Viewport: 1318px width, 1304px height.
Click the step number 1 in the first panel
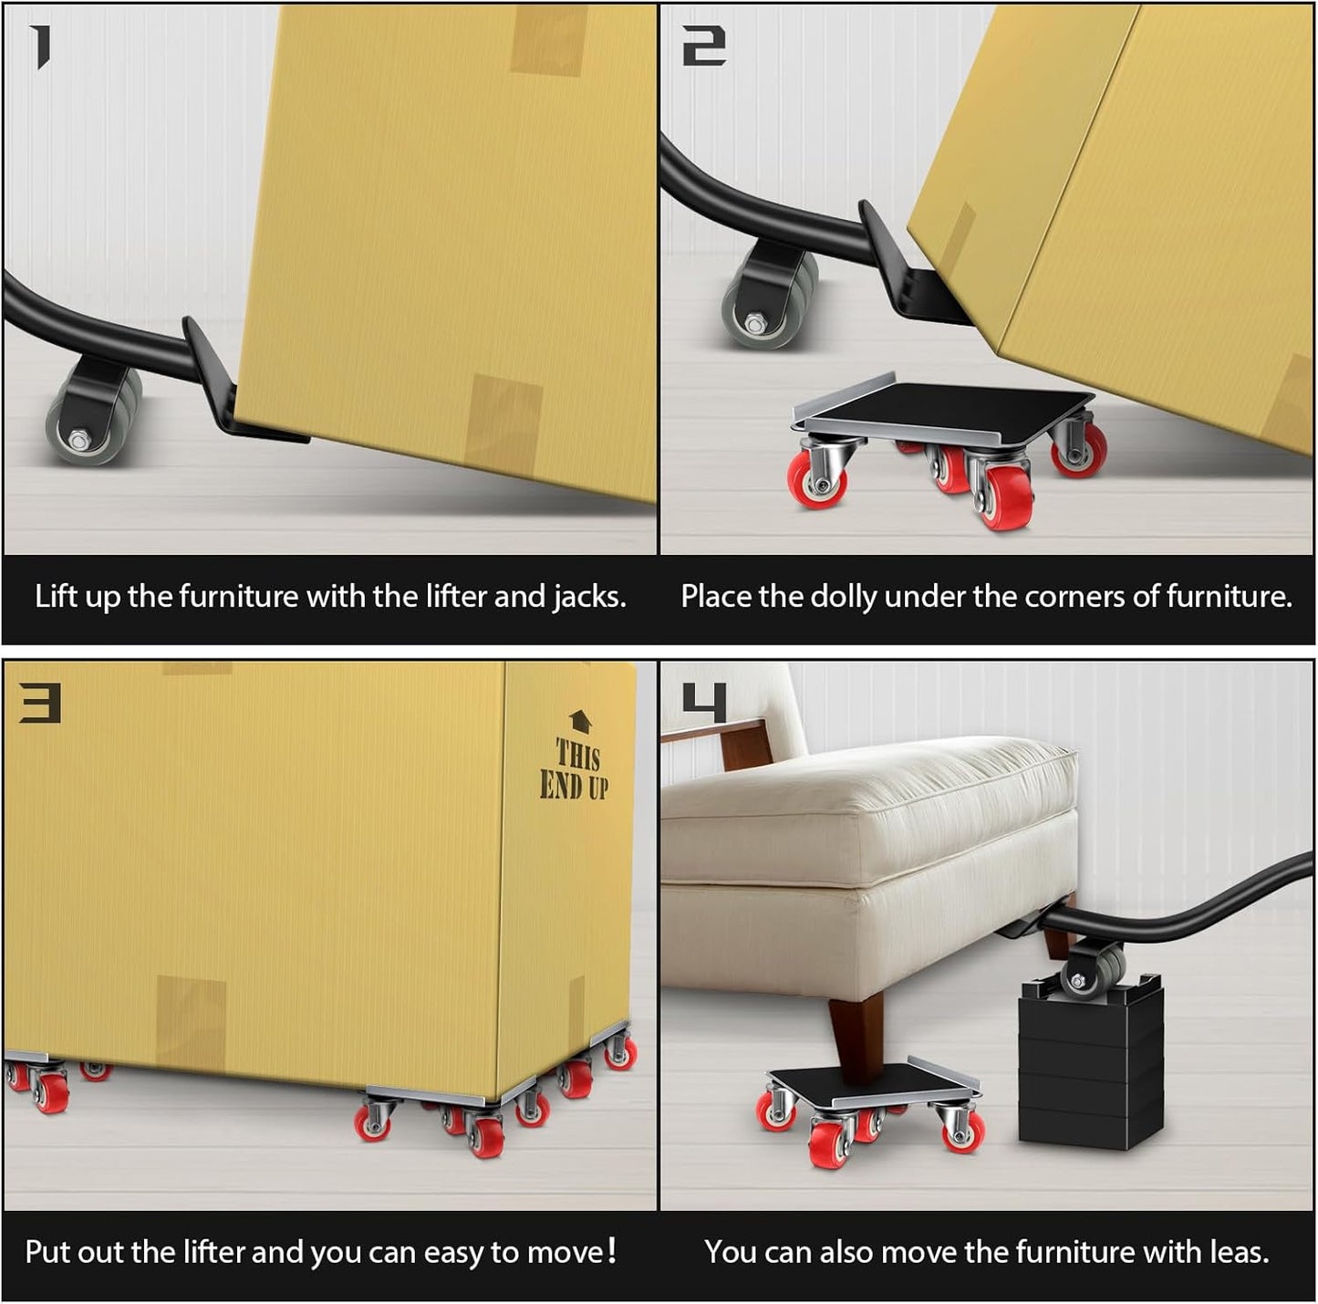(x=39, y=47)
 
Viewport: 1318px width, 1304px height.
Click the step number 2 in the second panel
(x=704, y=47)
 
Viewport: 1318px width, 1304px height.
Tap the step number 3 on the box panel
(x=40, y=704)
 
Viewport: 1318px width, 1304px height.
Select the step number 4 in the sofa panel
(x=704, y=704)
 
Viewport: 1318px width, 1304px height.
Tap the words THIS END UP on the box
(x=575, y=770)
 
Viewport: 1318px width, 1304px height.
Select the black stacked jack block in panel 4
(x=1090, y=1063)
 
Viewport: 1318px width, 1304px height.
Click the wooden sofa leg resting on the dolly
(x=857, y=1031)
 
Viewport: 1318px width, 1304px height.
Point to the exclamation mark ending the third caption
(x=611, y=1250)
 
